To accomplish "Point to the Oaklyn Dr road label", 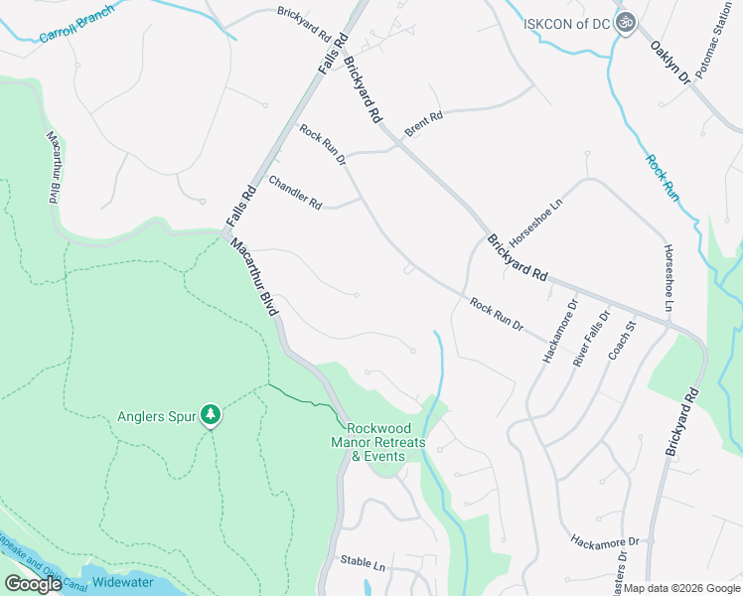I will pyautogui.click(x=669, y=61).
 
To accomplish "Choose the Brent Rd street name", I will pyautogui.click(x=423, y=124).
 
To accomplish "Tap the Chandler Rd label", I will pyautogui.click(x=295, y=192).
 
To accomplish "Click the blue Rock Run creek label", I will pyautogui.click(x=663, y=178).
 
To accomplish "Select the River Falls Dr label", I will pyautogui.click(x=589, y=343).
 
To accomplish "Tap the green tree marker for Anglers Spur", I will pyautogui.click(x=210, y=414).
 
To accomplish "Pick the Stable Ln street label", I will pyautogui.click(x=363, y=563).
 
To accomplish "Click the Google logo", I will pyautogui.click(x=33, y=585).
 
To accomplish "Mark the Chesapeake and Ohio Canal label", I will pyautogui.click(x=30, y=563).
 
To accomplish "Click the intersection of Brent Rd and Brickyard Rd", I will pyautogui.click(x=397, y=145).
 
